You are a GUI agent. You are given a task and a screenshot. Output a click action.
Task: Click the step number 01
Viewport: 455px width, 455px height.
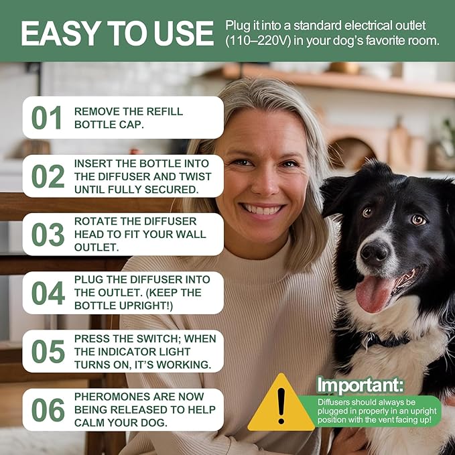(48, 118)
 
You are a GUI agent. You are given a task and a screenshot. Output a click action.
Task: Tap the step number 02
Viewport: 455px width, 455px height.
(48, 176)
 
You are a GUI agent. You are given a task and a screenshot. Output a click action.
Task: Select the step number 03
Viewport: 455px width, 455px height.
(48, 235)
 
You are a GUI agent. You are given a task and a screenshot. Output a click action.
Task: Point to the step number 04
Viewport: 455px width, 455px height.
(48, 293)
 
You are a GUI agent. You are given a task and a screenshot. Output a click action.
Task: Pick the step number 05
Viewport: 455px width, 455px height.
(48, 351)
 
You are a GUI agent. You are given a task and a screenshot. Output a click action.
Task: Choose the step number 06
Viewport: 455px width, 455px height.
(48, 409)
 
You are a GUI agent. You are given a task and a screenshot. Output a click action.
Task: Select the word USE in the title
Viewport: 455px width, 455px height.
(182, 34)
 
